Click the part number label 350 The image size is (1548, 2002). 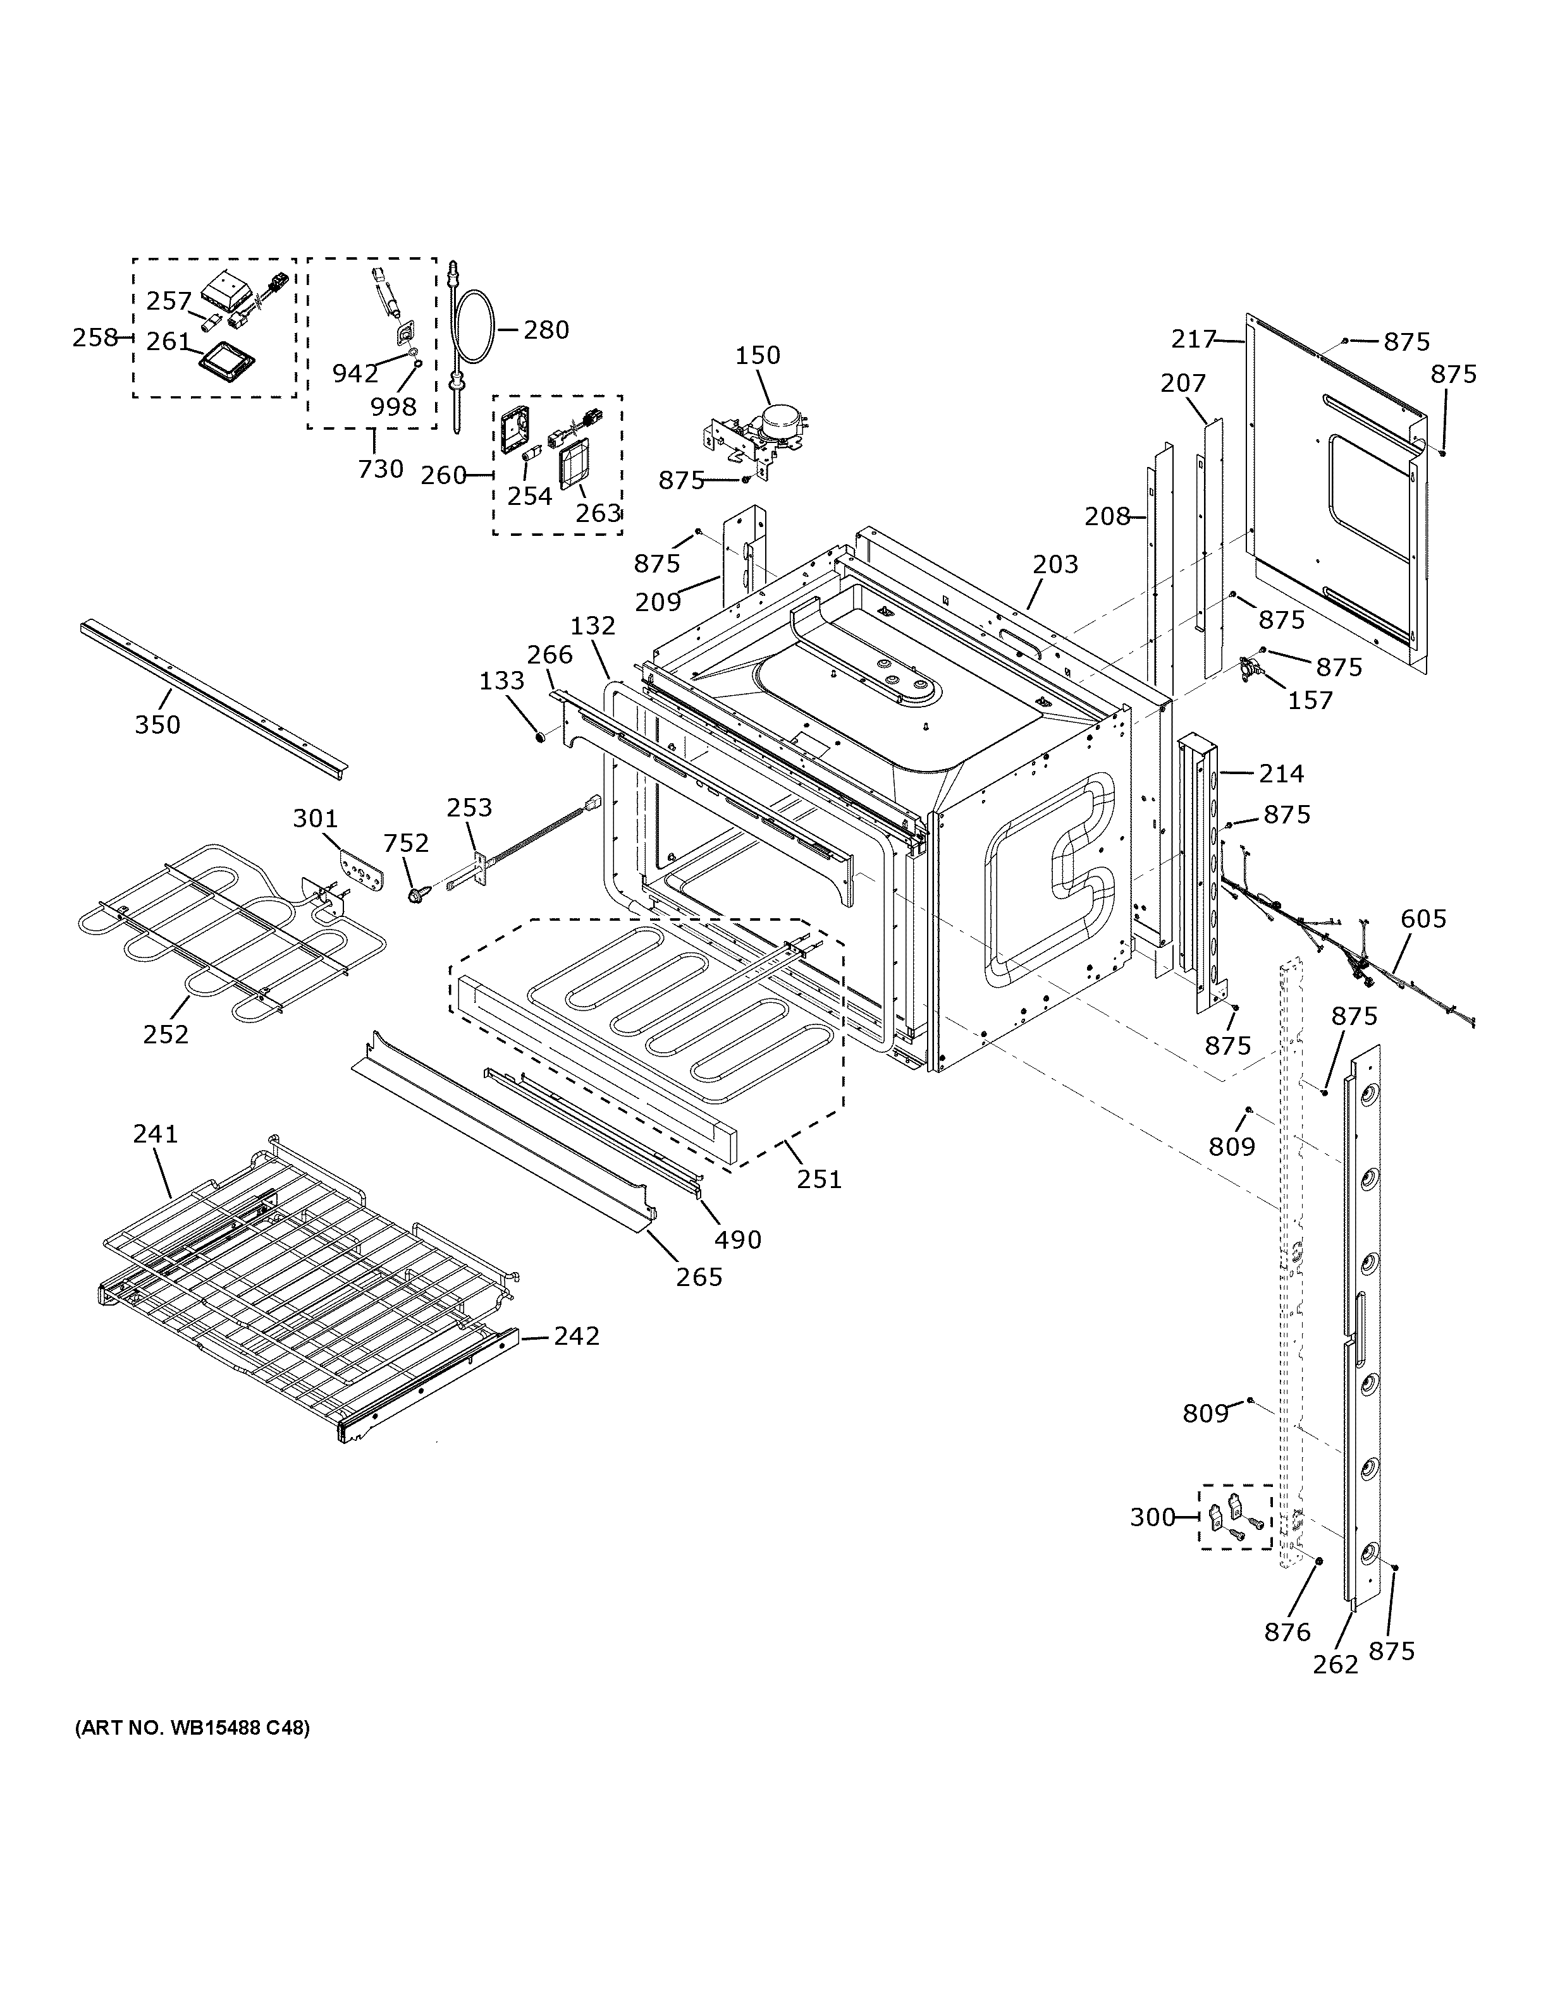[157, 724]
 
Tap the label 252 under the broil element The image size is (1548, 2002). [166, 1034]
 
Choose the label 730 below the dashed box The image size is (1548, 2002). [381, 468]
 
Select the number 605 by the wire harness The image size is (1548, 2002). [1423, 918]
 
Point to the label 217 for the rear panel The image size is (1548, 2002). [1193, 339]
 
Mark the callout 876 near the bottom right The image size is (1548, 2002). [1287, 1632]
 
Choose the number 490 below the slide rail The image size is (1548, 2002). [737, 1239]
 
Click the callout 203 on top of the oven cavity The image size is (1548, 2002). [1055, 564]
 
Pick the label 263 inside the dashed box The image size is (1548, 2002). [599, 513]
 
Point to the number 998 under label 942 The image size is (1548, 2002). [393, 406]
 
